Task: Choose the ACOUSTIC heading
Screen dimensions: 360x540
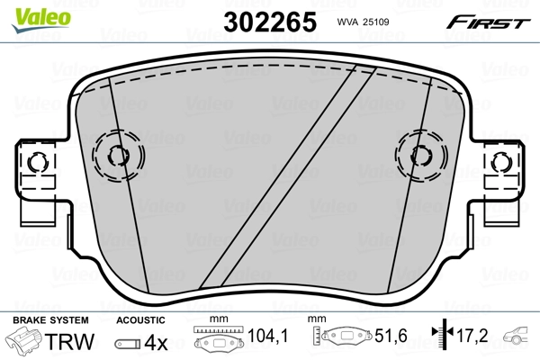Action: click(140, 320)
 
